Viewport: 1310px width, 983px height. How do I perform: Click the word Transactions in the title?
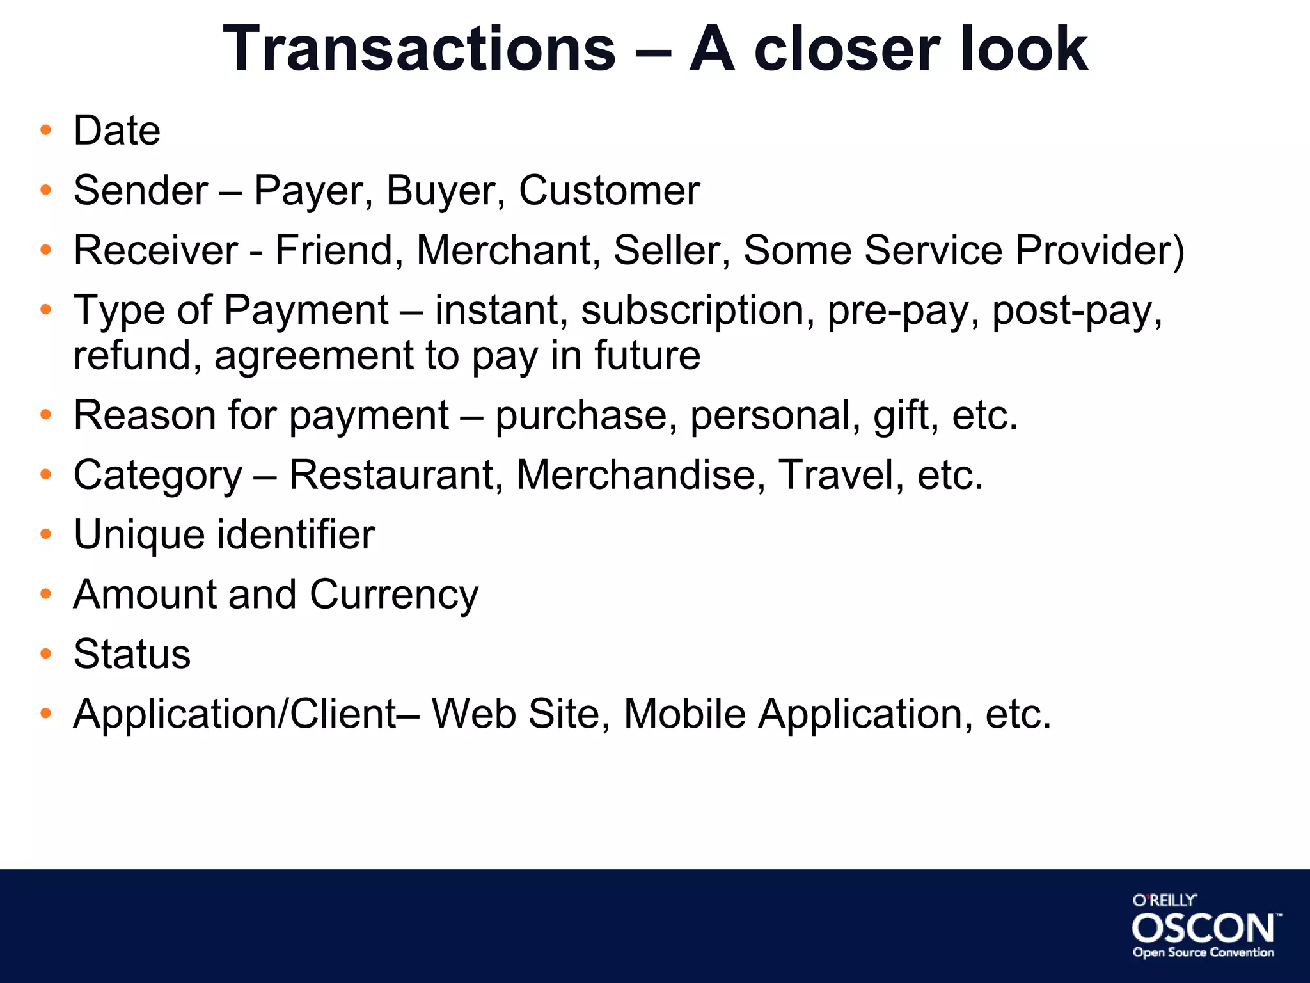click(419, 49)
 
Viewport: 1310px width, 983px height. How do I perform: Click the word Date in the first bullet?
click(117, 131)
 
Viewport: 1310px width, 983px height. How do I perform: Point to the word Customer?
click(609, 191)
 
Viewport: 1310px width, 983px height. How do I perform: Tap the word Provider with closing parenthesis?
click(1100, 250)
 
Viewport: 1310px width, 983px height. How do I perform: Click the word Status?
click(132, 654)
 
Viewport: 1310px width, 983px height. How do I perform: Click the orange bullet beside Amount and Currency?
click(45, 594)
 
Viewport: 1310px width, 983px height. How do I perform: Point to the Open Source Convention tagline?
click(1203, 953)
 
